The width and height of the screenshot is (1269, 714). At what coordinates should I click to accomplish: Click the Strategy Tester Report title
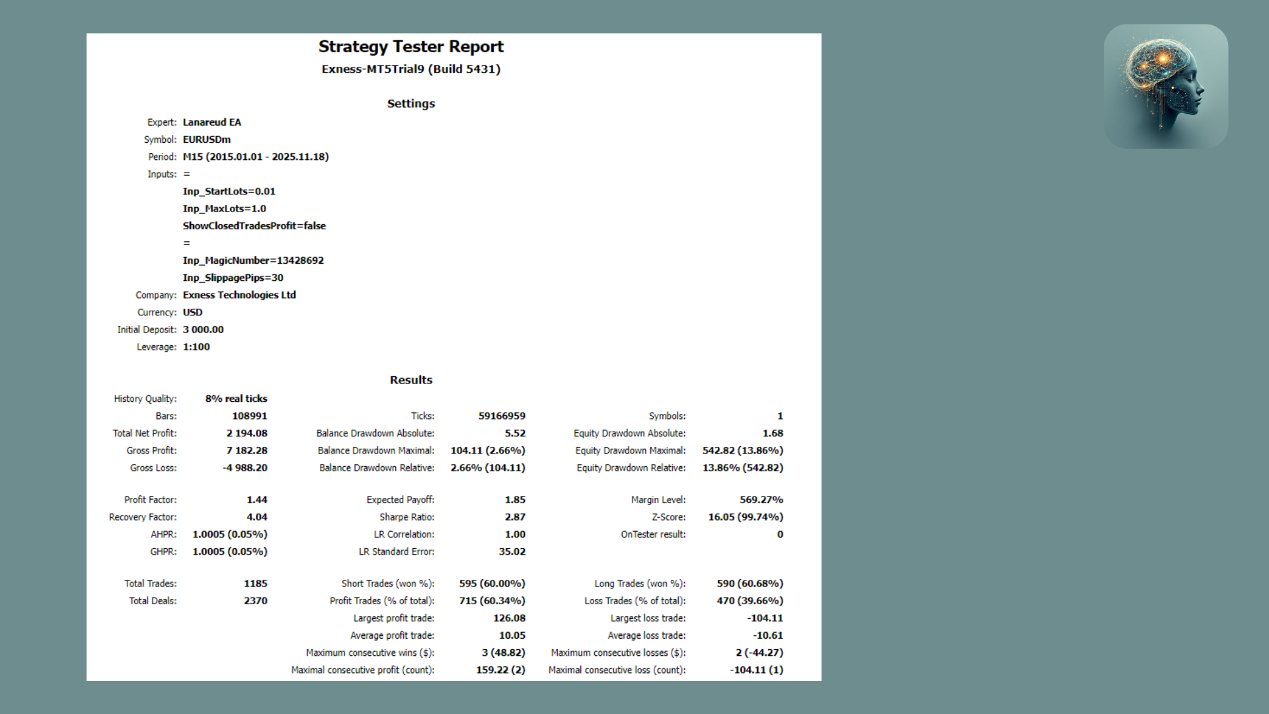pyautogui.click(x=410, y=46)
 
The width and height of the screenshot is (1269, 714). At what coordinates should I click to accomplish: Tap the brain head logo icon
pyautogui.click(x=1165, y=86)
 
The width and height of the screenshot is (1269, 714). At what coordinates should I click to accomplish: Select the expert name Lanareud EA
pyautogui.click(x=211, y=122)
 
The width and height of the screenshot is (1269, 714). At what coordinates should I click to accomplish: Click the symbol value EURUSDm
pyautogui.click(x=206, y=139)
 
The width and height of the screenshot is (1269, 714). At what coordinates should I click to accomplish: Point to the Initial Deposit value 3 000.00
pyautogui.click(x=203, y=329)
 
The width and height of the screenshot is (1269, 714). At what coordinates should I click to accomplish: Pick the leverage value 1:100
pyautogui.click(x=196, y=346)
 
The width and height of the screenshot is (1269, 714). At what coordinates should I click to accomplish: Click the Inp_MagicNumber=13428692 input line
pyautogui.click(x=253, y=260)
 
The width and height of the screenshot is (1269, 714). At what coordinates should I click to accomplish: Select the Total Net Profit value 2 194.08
pyautogui.click(x=247, y=433)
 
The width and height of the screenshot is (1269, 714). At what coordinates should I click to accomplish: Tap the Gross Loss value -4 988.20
pyautogui.click(x=245, y=467)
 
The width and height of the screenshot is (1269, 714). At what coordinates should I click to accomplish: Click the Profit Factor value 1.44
pyautogui.click(x=256, y=500)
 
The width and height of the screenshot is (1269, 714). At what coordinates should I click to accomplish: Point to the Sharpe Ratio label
pyautogui.click(x=406, y=517)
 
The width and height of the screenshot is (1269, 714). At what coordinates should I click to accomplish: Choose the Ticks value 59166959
pyautogui.click(x=502, y=416)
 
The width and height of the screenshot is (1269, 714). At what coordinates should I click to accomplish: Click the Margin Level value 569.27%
pyautogui.click(x=761, y=500)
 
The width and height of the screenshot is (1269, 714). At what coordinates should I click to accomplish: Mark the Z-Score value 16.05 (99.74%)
pyautogui.click(x=745, y=517)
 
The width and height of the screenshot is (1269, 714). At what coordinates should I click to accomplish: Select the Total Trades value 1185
pyautogui.click(x=255, y=584)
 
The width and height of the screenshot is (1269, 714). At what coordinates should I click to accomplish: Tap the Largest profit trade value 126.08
pyautogui.click(x=509, y=618)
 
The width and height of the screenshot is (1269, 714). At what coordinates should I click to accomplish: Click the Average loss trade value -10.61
pyautogui.click(x=767, y=635)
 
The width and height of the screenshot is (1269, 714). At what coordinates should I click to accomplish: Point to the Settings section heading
pyautogui.click(x=410, y=104)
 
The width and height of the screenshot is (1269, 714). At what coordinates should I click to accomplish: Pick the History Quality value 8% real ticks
pyautogui.click(x=236, y=399)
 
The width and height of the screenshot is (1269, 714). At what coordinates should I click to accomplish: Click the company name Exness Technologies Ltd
pyautogui.click(x=239, y=295)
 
